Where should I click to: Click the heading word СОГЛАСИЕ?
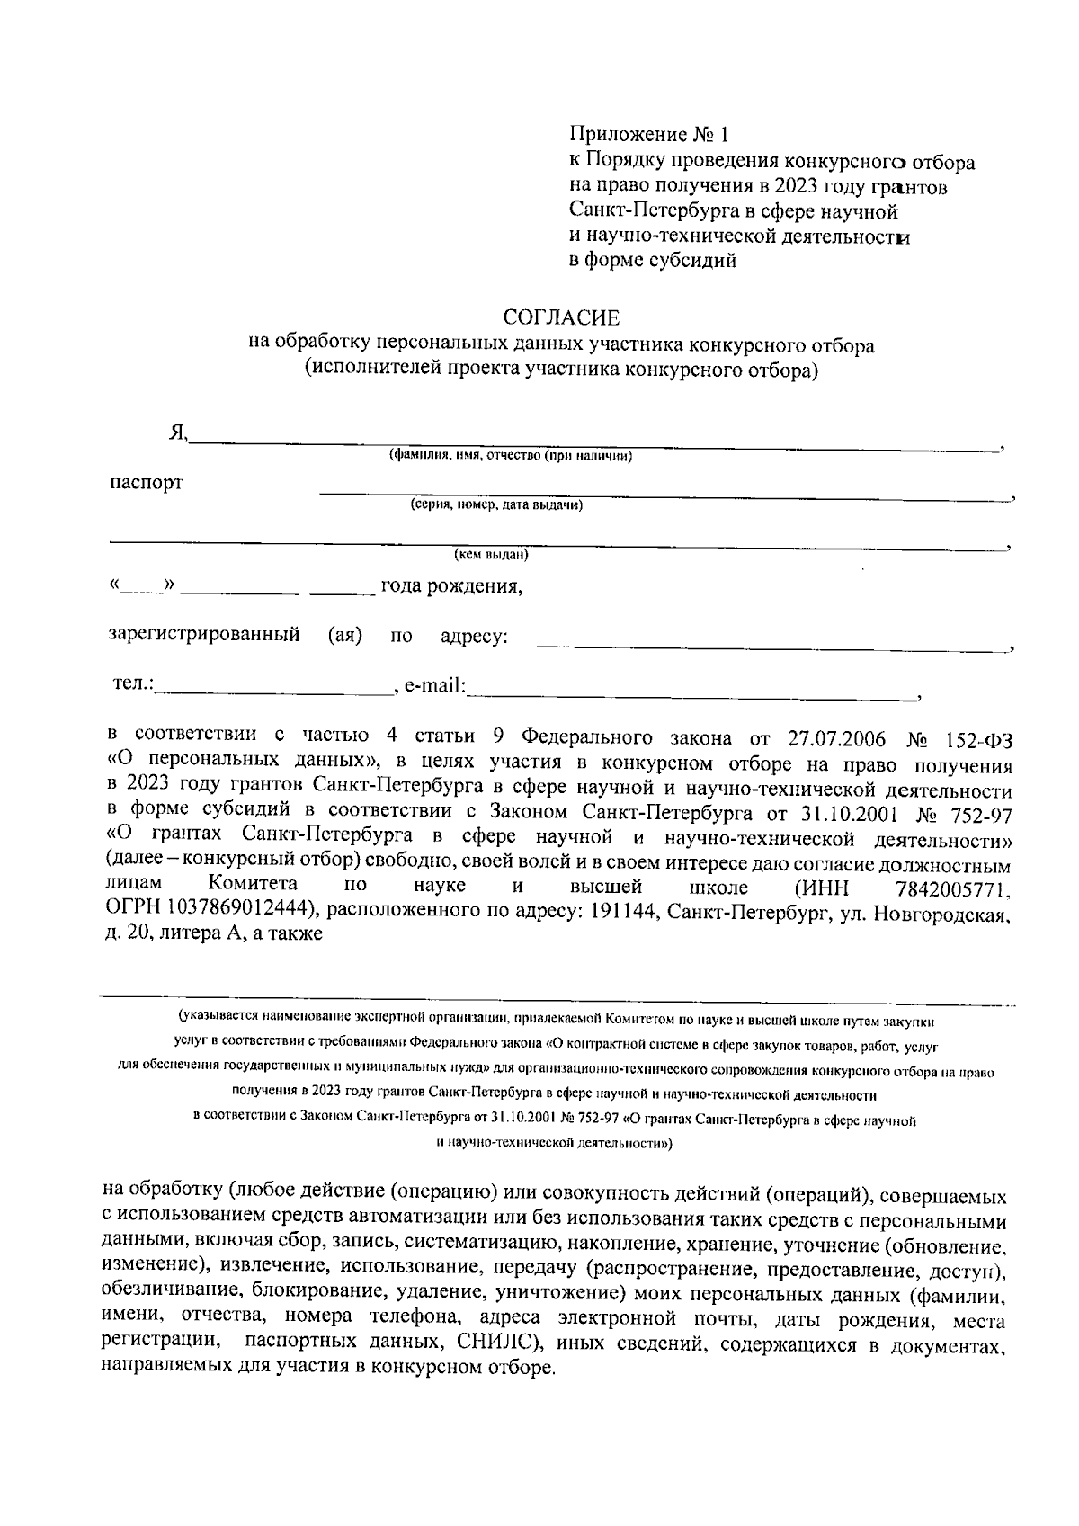[561, 317]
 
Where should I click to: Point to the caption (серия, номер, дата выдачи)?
[496, 505]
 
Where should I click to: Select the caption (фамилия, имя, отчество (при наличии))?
[510, 456]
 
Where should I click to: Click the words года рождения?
[451, 588]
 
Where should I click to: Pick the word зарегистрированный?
[204, 636]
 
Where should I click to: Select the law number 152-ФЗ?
[978, 739]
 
